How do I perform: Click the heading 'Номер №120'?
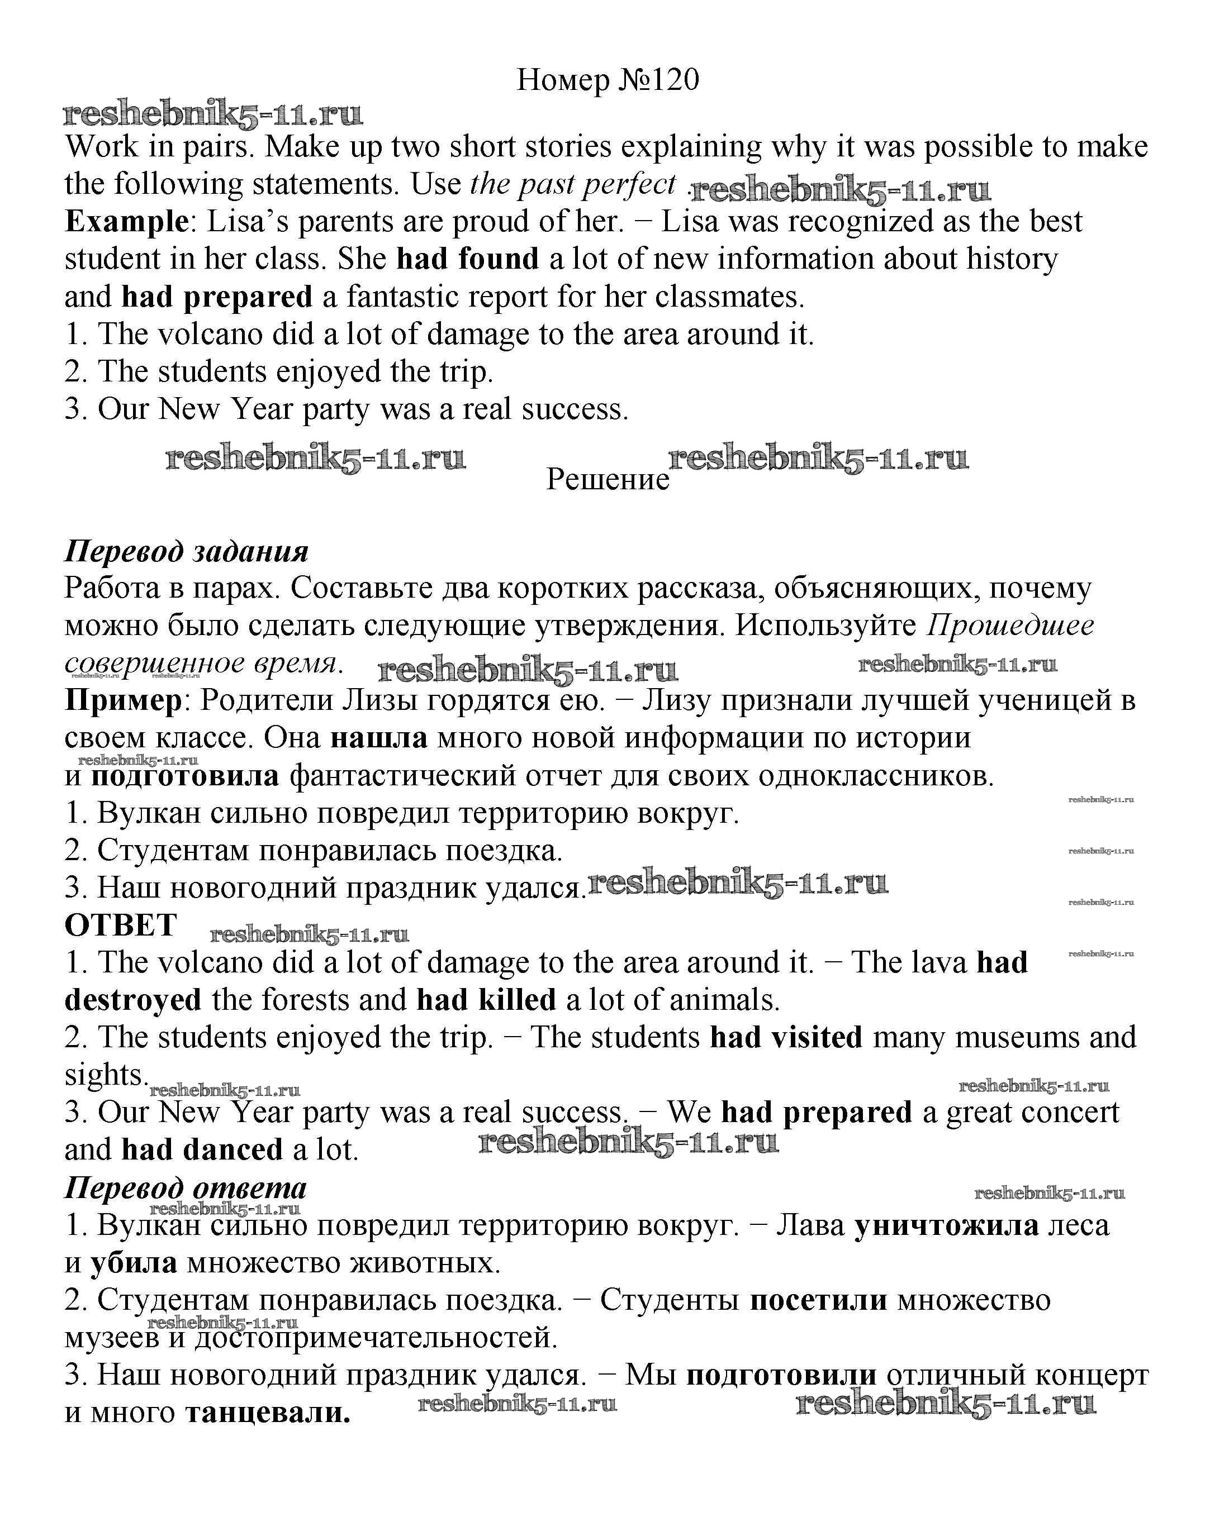(x=608, y=80)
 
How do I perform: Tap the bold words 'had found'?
(x=467, y=259)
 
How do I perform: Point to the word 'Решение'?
(x=608, y=479)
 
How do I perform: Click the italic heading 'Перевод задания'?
(x=186, y=551)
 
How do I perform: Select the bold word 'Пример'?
(x=123, y=700)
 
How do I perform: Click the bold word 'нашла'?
(x=379, y=738)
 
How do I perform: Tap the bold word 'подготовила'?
(x=186, y=776)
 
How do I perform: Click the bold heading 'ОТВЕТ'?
(x=120, y=925)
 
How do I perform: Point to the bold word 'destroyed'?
(x=133, y=1000)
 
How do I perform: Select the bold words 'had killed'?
(x=486, y=1000)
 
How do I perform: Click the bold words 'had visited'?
(x=786, y=1037)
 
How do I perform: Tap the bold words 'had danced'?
(x=202, y=1150)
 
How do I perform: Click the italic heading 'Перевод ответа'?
(x=186, y=1187)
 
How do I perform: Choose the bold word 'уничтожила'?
(x=947, y=1225)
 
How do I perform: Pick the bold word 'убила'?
(x=133, y=1263)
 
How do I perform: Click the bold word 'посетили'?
(x=818, y=1300)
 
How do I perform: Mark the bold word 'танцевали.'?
(x=268, y=1413)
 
